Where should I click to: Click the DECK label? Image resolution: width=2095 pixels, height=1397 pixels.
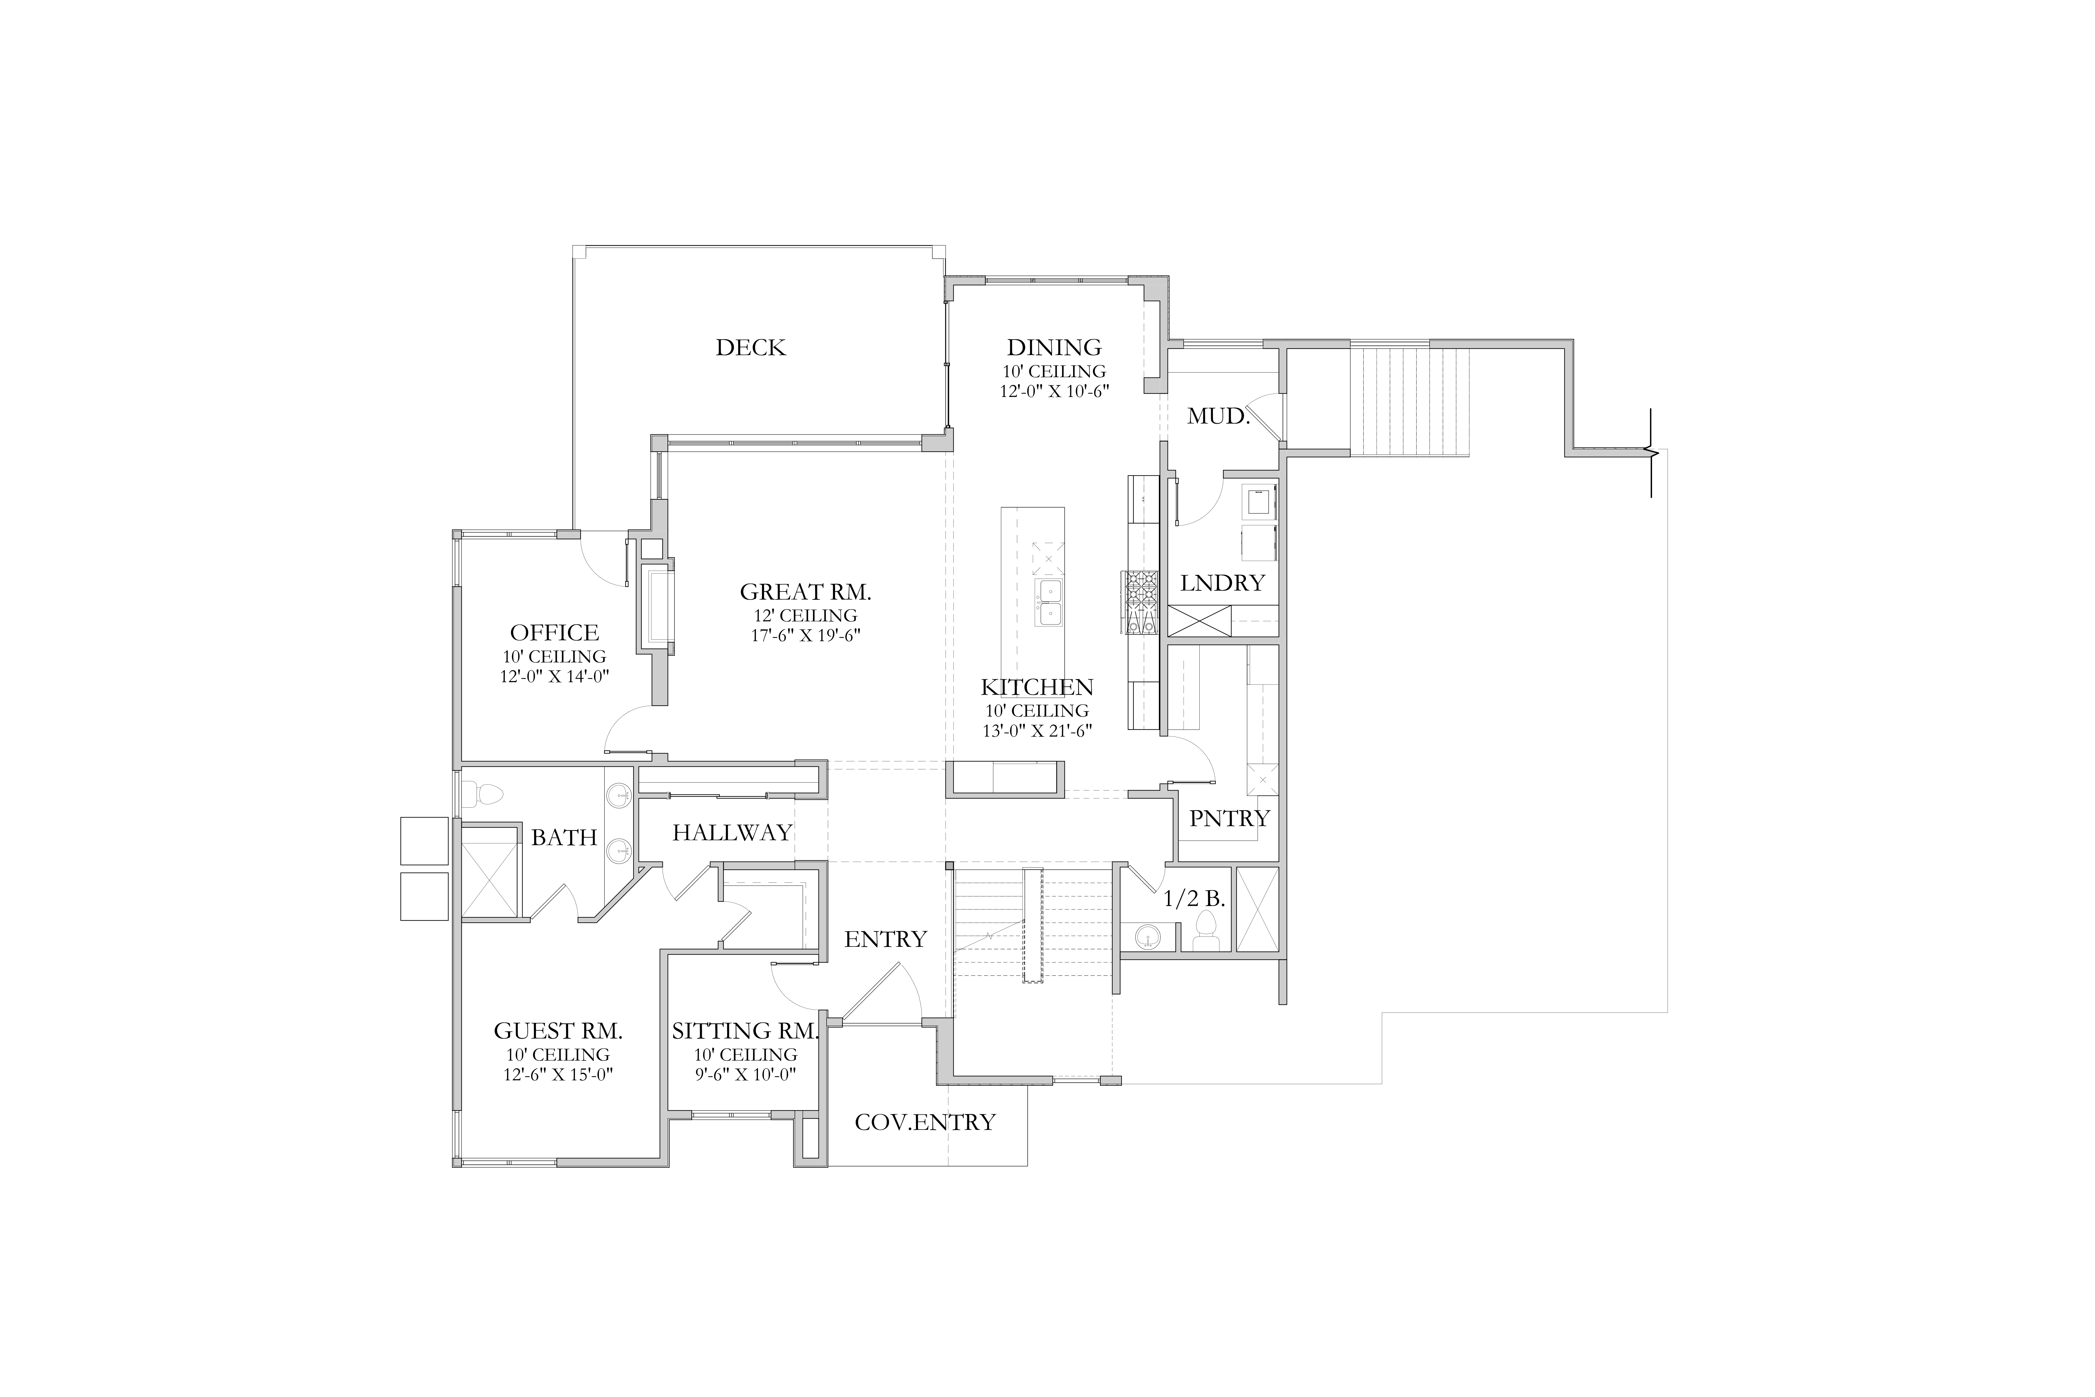[751, 348]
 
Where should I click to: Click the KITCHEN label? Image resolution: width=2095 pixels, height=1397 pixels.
[1037, 688]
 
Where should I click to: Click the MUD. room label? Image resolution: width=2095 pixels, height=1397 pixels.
[1219, 416]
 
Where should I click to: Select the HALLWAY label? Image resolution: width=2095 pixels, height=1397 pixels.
[732, 833]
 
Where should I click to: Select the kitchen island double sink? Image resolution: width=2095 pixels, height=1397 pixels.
[1048, 603]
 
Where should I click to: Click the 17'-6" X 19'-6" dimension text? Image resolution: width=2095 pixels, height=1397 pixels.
[805, 635]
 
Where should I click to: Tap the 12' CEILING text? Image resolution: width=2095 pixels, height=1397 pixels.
[805, 616]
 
